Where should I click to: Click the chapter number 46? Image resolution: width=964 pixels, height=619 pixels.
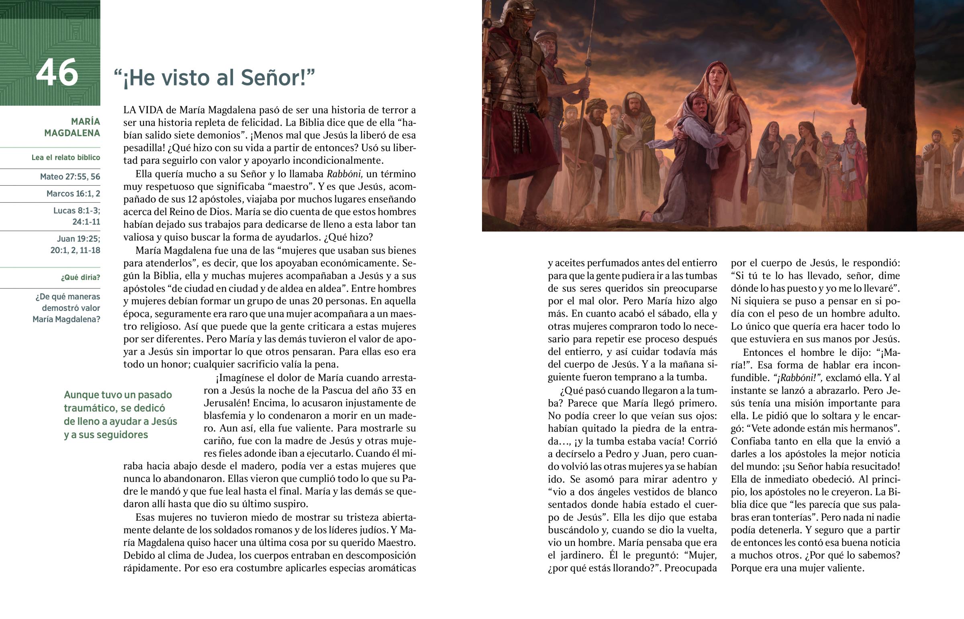click(x=57, y=73)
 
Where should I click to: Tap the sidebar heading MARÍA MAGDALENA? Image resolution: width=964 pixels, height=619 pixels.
click(x=72, y=127)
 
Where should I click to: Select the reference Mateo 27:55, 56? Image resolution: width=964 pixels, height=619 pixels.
click(x=70, y=177)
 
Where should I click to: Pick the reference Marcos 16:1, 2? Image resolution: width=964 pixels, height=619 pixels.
click(x=73, y=193)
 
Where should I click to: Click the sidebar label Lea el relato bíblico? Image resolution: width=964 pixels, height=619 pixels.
click(x=65, y=157)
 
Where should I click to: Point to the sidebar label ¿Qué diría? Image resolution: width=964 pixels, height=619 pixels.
click(x=80, y=277)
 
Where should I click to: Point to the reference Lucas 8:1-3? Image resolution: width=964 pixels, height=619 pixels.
click(x=76, y=210)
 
